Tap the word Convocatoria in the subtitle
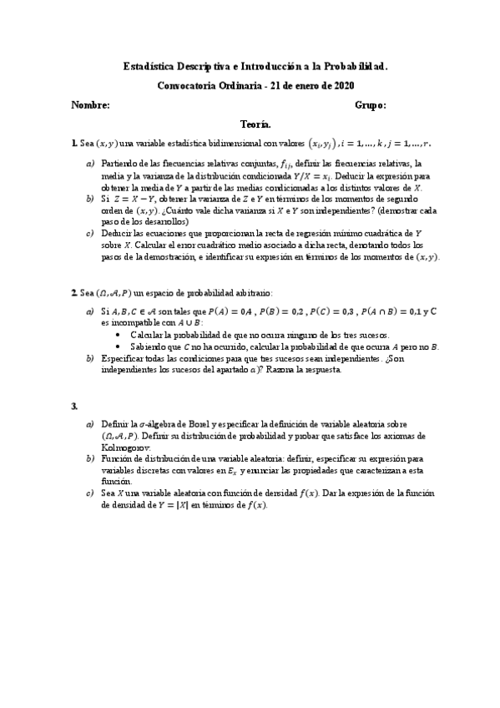click(191, 84)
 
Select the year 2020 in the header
click(342, 84)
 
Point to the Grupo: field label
click(369, 106)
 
